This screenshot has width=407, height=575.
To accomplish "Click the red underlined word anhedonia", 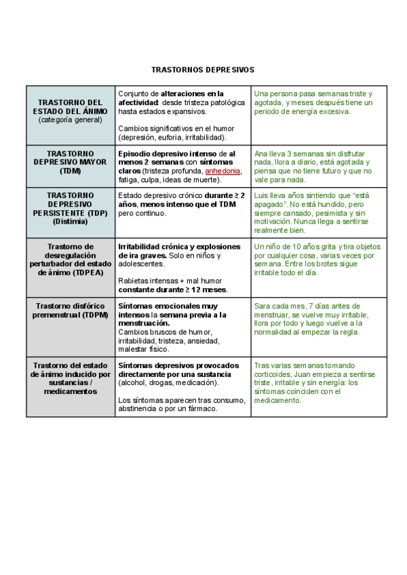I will coord(222,171).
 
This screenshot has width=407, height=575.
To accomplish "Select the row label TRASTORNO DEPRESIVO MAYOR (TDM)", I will coord(71,162).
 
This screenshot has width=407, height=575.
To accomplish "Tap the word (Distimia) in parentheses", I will coord(71,221).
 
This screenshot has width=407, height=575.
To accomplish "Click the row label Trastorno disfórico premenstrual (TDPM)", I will coord(71,311).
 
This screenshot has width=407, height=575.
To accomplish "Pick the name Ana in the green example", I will coord(261,154).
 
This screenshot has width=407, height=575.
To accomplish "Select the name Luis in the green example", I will coord(262,195).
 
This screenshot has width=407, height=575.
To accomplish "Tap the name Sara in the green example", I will coord(263,306).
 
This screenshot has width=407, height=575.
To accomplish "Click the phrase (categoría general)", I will coord(71,119).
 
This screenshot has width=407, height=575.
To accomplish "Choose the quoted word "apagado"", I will coord(268,204).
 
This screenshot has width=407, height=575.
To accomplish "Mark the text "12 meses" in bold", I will coord(208,290).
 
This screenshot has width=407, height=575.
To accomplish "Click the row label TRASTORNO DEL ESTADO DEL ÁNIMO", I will coord(71,106).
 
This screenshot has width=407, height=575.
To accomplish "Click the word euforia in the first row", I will coord(169,137).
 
